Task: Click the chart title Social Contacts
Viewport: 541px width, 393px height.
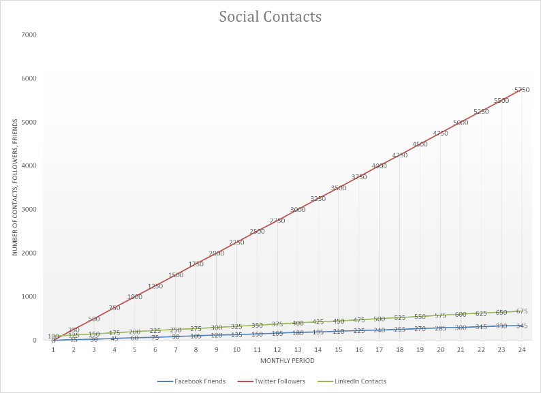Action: [270, 16]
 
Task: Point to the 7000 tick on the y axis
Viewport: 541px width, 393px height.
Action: [29, 35]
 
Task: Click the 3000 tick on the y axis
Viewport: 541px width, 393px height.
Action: [29, 209]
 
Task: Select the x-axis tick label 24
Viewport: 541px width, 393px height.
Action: [521, 350]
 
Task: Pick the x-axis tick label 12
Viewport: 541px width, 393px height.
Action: [277, 350]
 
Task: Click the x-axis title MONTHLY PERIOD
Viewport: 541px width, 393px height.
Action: [287, 360]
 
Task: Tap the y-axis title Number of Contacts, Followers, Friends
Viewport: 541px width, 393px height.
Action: [14, 187]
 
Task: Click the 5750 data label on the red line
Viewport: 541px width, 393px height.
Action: [521, 90]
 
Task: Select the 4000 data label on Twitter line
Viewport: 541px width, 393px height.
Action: [379, 166]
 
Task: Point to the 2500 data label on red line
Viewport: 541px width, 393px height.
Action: [257, 232]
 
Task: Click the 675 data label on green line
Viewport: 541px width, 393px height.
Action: [521, 311]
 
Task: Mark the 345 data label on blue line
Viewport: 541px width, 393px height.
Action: [521, 326]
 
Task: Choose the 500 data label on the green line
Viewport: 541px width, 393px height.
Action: [379, 319]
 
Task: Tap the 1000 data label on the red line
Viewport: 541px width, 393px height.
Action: [134, 297]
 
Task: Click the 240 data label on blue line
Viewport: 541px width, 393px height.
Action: [379, 330]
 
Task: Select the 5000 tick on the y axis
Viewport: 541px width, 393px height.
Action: [29, 122]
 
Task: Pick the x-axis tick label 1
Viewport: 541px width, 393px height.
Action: [53, 350]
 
